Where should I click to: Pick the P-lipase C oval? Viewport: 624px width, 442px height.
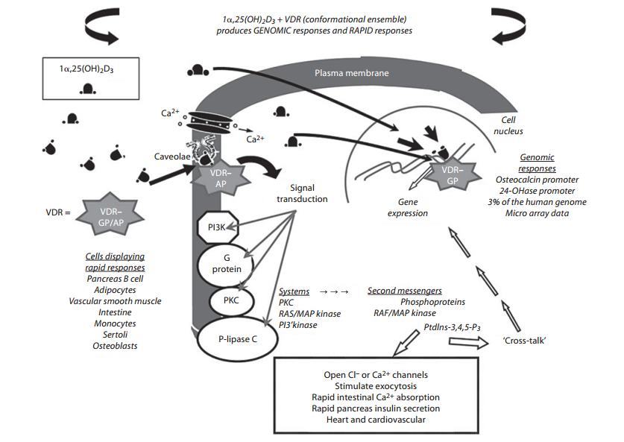(238, 338)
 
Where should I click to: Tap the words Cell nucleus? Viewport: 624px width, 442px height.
(512, 125)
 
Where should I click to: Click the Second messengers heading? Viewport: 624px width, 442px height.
(405, 291)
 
